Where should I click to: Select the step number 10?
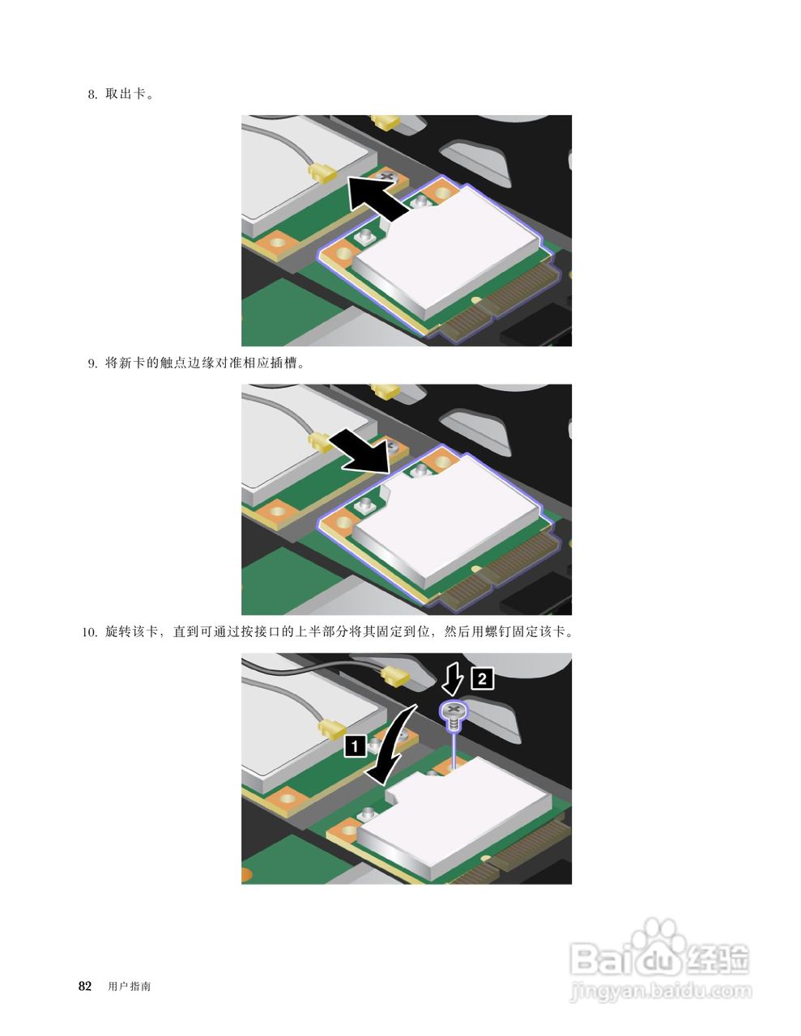point(89,631)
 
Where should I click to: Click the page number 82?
point(84,986)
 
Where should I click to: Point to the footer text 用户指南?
point(129,987)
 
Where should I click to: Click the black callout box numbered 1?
point(355,745)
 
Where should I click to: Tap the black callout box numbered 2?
point(482,678)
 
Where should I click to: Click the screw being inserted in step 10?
point(454,713)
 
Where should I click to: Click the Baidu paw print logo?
point(657,943)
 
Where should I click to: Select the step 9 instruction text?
point(205,363)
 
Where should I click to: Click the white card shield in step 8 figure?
point(445,251)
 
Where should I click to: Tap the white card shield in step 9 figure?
point(445,518)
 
